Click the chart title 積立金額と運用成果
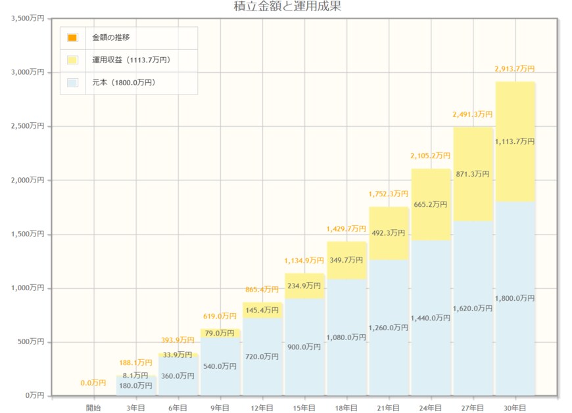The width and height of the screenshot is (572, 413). [x=288, y=7]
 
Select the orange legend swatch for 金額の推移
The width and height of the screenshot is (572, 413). [x=72, y=37]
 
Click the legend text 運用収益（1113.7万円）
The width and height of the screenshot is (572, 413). [x=131, y=60]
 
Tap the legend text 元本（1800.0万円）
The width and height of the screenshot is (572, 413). [x=124, y=83]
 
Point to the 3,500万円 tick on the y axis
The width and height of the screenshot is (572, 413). [x=28, y=18]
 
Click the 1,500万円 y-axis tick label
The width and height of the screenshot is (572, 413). [x=28, y=234]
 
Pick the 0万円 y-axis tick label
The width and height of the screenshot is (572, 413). [x=35, y=396]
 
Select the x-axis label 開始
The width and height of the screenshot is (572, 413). [x=93, y=408]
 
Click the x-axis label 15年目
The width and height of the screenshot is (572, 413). [x=304, y=408]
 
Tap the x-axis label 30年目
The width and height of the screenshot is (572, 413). [x=514, y=408]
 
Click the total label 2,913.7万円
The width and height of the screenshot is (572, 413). [x=514, y=69]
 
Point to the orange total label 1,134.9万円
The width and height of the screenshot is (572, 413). [x=304, y=261]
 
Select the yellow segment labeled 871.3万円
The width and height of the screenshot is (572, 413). [x=473, y=174]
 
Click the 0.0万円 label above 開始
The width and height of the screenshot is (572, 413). [x=93, y=383]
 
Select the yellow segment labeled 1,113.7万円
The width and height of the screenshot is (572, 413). [x=514, y=141]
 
